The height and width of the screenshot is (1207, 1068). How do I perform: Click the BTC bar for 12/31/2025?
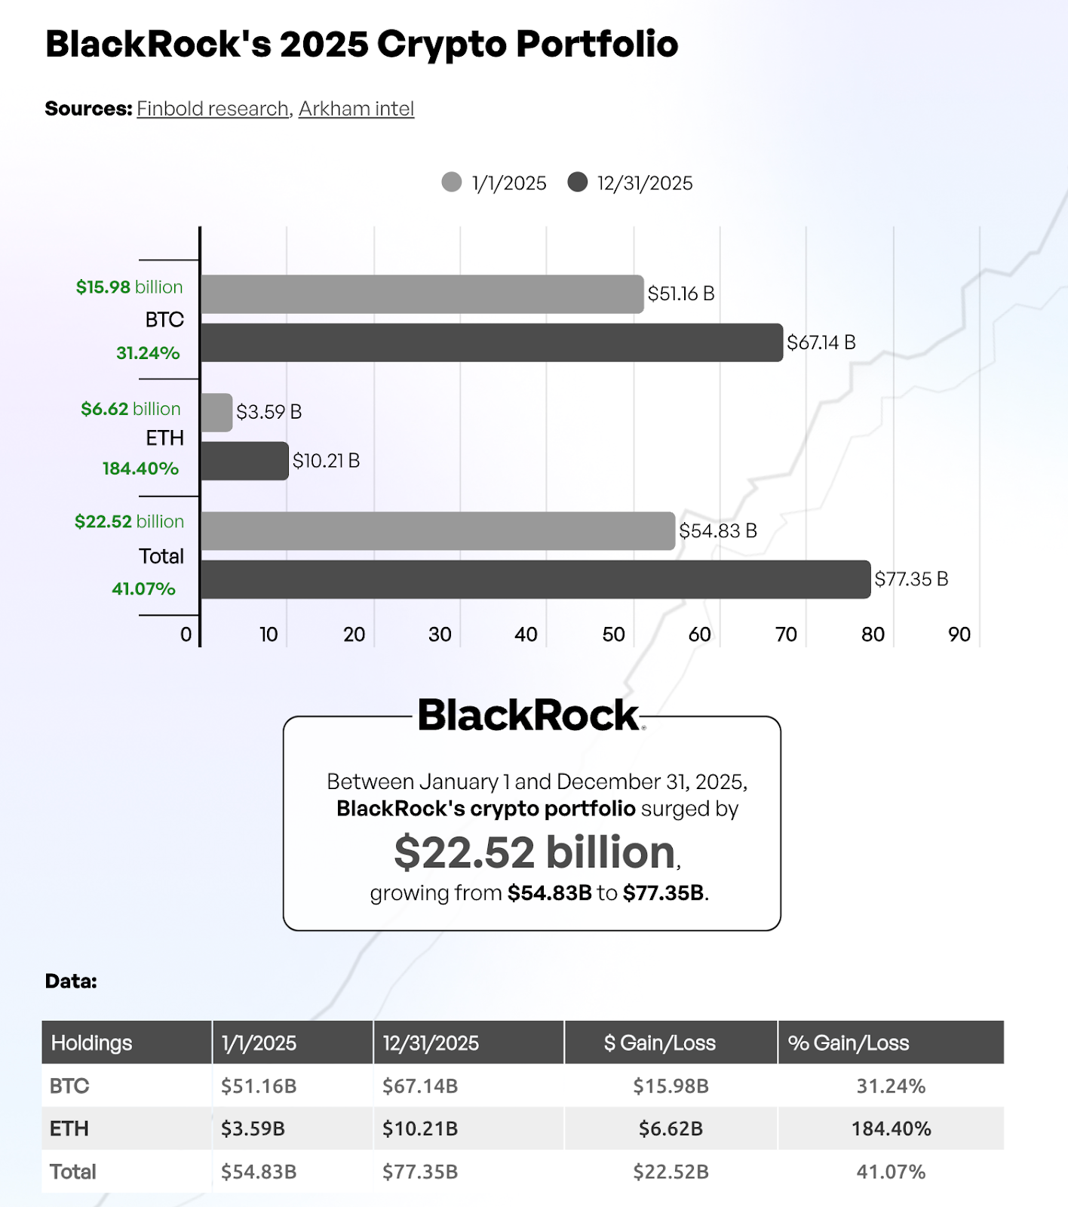pyautogui.click(x=491, y=342)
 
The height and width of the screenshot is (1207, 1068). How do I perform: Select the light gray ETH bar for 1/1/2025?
pyautogui.click(x=216, y=412)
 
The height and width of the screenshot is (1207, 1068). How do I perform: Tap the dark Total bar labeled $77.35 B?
pyautogui.click(x=535, y=579)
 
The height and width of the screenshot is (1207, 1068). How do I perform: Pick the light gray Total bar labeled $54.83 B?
pyautogui.click(x=437, y=531)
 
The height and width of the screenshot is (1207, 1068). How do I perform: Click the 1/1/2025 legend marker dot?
pyautogui.click(x=452, y=183)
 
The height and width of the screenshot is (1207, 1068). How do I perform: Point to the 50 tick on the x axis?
pyautogui.click(x=613, y=634)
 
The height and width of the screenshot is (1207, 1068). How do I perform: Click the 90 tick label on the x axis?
pyautogui.click(x=959, y=634)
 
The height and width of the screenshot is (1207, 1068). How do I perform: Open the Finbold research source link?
pyautogui.click(x=213, y=109)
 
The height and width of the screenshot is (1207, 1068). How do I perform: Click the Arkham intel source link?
pyautogui.click(x=356, y=109)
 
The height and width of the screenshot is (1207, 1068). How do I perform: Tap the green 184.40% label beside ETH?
pyautogui.click(x=141, y=468)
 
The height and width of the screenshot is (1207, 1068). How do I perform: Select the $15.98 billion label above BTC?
pyautogui.click(x=129, y=287)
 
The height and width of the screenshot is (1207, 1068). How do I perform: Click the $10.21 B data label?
pyautogui.click(x=326, y=461)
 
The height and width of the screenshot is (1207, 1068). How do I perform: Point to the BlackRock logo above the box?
pyautogui.click(x=529, y=715)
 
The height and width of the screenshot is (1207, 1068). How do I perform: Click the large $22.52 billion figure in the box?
pyautogui.click(x=535, y=852)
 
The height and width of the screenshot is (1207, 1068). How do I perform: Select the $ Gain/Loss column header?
pyautogui.click(x=659, y=1043)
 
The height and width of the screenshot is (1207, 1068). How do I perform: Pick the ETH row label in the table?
pyautogui.click(x=69, y=1129)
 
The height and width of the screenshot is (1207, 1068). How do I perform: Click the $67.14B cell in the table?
pyautogui.click(x=420, y=1086)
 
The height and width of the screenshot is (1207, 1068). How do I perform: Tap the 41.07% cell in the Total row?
pyautogui.click(x=891, y=1172)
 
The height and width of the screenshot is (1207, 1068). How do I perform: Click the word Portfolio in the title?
pyautogui.click(x=597, y=44)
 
